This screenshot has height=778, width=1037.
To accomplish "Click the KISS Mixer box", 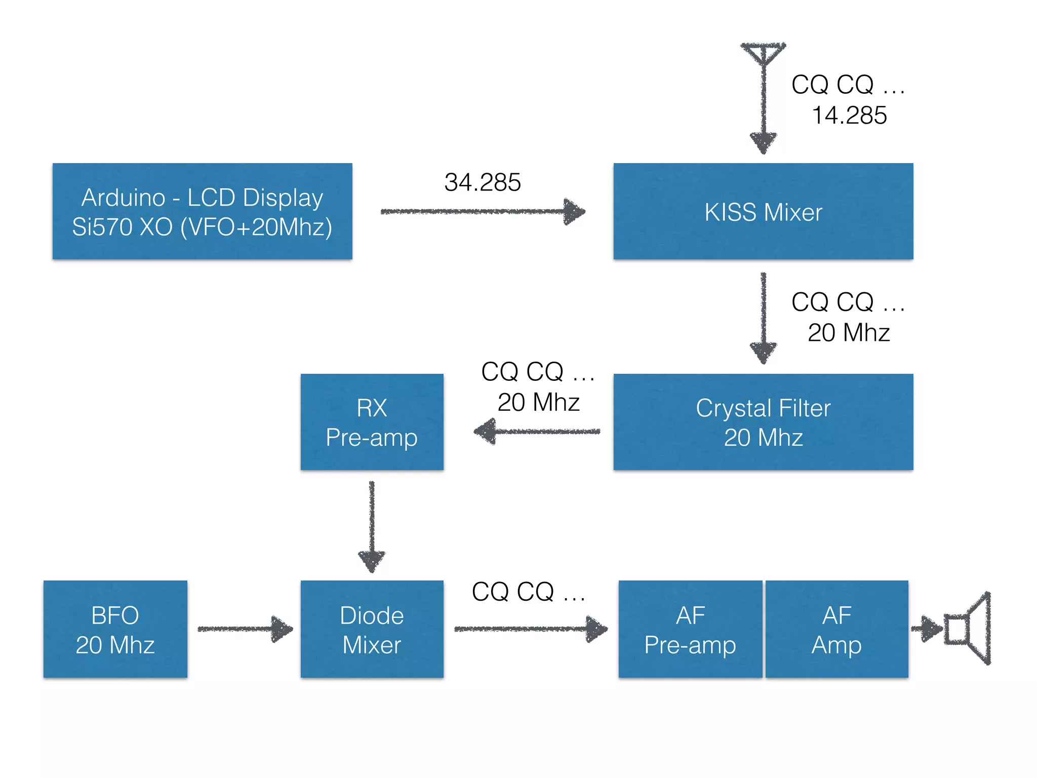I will coord(763,211).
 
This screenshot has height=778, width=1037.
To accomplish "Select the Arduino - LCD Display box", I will coord(202,211).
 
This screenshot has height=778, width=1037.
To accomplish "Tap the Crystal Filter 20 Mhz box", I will coord(763,422).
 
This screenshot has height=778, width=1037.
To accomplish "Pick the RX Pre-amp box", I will coord(372,422).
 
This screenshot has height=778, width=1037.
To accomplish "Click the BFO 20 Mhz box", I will coord(115,629).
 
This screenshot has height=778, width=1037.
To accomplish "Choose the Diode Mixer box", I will coord(372,629).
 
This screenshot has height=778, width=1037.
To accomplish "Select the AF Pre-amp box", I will coord(690,629).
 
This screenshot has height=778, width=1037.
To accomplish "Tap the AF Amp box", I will coord(836,629).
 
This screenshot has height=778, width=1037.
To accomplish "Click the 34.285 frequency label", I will coord(482,182).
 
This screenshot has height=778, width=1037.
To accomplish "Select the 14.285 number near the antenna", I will coord(849,115).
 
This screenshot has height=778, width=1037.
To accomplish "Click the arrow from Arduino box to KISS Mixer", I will coord(481,212).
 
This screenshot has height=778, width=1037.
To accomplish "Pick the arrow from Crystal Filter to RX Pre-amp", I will coord(537,432).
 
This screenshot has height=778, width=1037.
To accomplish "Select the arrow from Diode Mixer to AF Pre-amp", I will coord(529,629).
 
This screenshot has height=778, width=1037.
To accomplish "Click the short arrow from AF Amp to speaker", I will coord(926,629).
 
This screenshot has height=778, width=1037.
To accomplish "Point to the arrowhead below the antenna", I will coord(763,141).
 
